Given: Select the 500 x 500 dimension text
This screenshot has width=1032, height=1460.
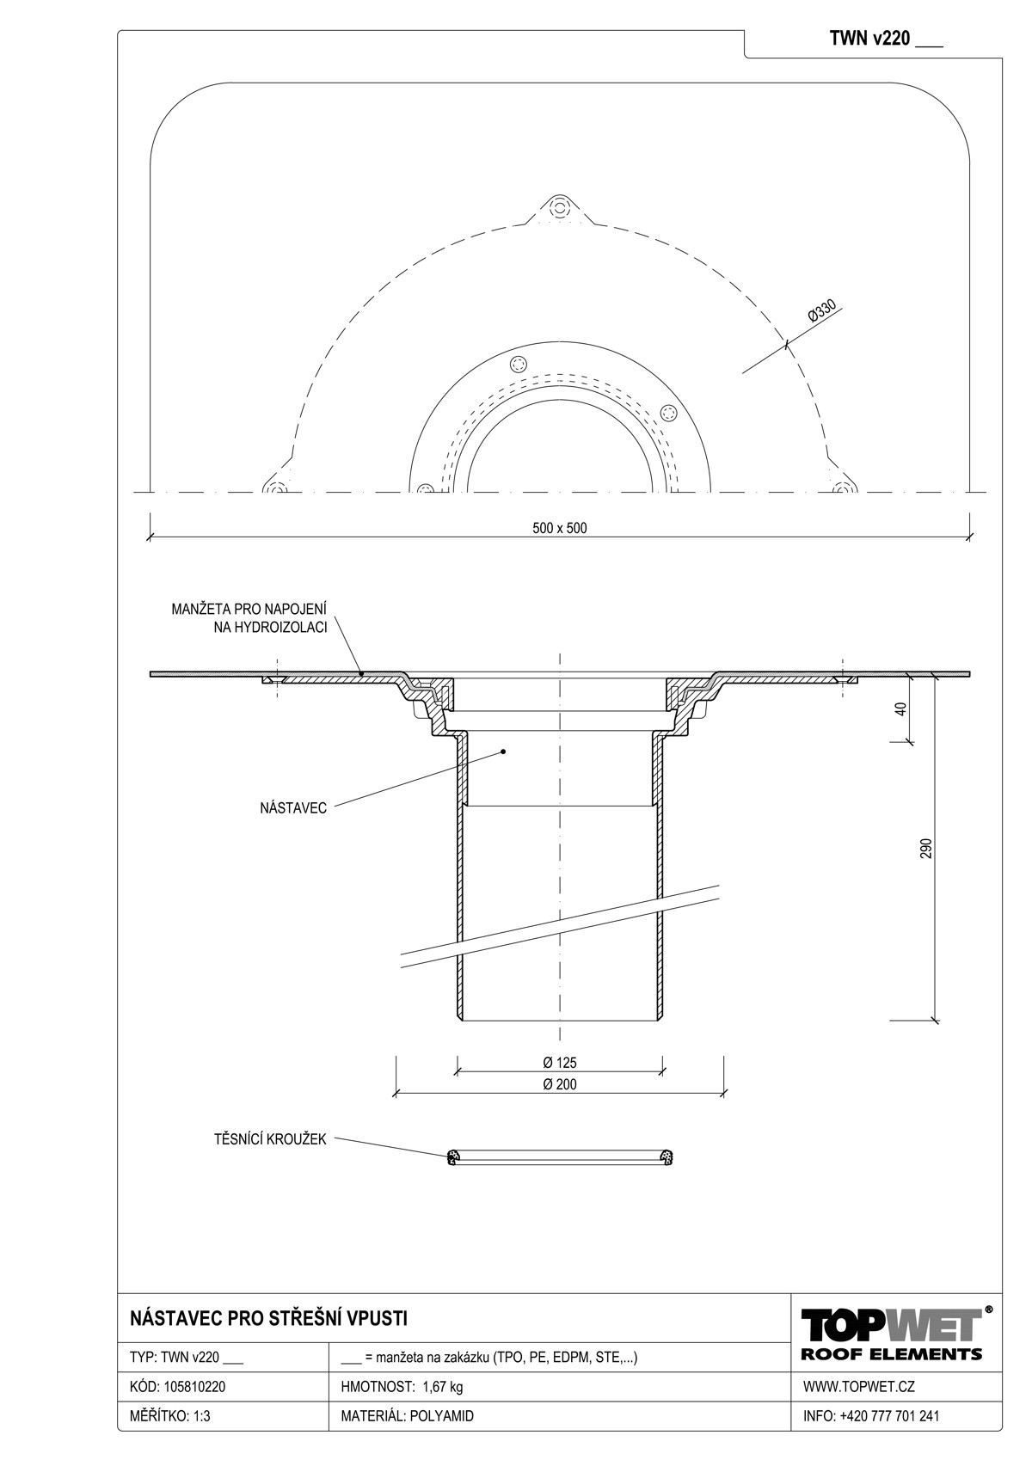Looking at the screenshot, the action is [559, 528].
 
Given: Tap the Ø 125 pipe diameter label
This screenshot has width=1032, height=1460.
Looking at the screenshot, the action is [559, 1063].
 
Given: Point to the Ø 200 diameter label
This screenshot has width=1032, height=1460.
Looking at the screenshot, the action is [559, 1084].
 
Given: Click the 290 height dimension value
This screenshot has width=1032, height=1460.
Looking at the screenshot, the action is [926, 848].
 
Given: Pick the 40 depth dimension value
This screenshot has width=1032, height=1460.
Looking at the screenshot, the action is [901, 709].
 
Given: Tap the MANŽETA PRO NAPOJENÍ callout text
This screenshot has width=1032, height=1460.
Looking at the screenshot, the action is [249, 610].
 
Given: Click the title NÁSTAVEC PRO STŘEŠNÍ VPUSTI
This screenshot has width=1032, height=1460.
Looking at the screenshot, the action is [268, 1319].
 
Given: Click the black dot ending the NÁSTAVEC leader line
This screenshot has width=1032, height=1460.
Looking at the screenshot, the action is [502, 751].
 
